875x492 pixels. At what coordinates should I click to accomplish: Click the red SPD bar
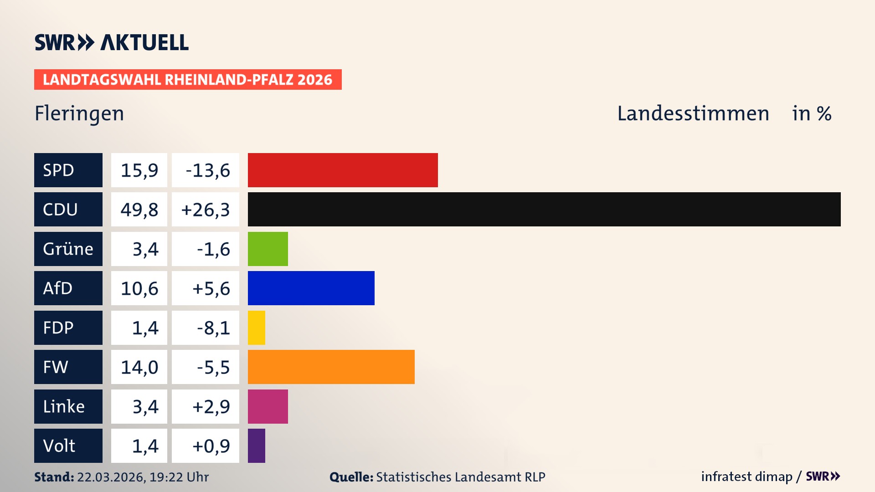[x=343, y=170]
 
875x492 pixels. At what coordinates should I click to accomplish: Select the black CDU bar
[x=544, y=209]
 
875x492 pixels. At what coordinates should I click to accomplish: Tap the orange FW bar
[x=331, y=367]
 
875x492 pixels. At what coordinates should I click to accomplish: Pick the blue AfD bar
[x=311, y=288]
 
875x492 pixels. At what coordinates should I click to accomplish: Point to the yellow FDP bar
[x=257, y=328]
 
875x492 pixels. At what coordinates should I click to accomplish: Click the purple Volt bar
[x=257, y=446]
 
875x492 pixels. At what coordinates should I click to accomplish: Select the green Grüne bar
[x=268, y=249]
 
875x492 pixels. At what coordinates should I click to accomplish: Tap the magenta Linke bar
[x=268, y=406]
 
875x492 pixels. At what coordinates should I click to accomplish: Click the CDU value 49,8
[x=139, y=210]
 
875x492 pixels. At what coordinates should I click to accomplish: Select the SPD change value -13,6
[x=207, y=170]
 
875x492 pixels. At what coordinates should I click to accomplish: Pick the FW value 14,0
[x=139, y=367]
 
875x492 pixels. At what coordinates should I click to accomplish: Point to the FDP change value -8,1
[x=213, y=328]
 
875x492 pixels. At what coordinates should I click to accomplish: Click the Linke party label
[x=64, y=406]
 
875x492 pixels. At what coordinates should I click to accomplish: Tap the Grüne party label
[x=68, y=249]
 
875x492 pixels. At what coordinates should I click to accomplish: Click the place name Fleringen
[x=79, y=113]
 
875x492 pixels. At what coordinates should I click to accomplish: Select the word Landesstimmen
[x=693, y=113]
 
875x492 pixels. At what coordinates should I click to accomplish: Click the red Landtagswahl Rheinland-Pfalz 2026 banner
[x=188, y=80]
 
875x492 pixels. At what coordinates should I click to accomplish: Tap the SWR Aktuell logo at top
[x=112, y=42]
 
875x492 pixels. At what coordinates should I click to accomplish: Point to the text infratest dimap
[x=746, y=477]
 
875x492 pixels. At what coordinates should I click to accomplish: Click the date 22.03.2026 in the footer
[x=111, y=477]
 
